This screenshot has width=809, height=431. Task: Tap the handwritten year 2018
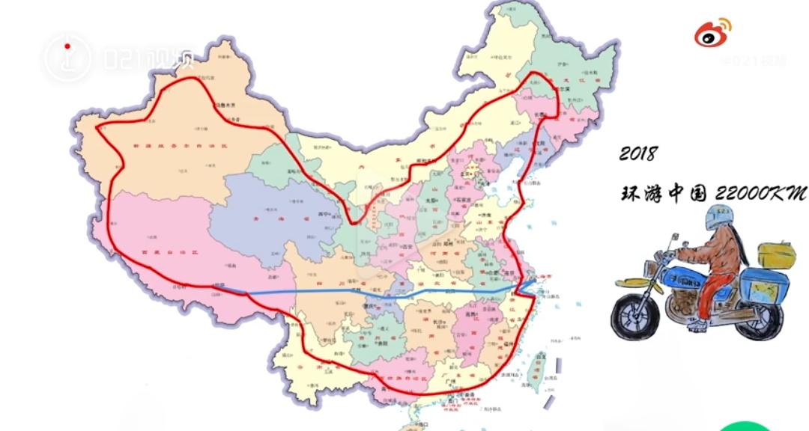637,154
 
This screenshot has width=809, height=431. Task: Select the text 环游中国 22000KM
712,194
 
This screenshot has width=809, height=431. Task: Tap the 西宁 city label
324,213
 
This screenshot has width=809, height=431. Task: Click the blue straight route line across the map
375,294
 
